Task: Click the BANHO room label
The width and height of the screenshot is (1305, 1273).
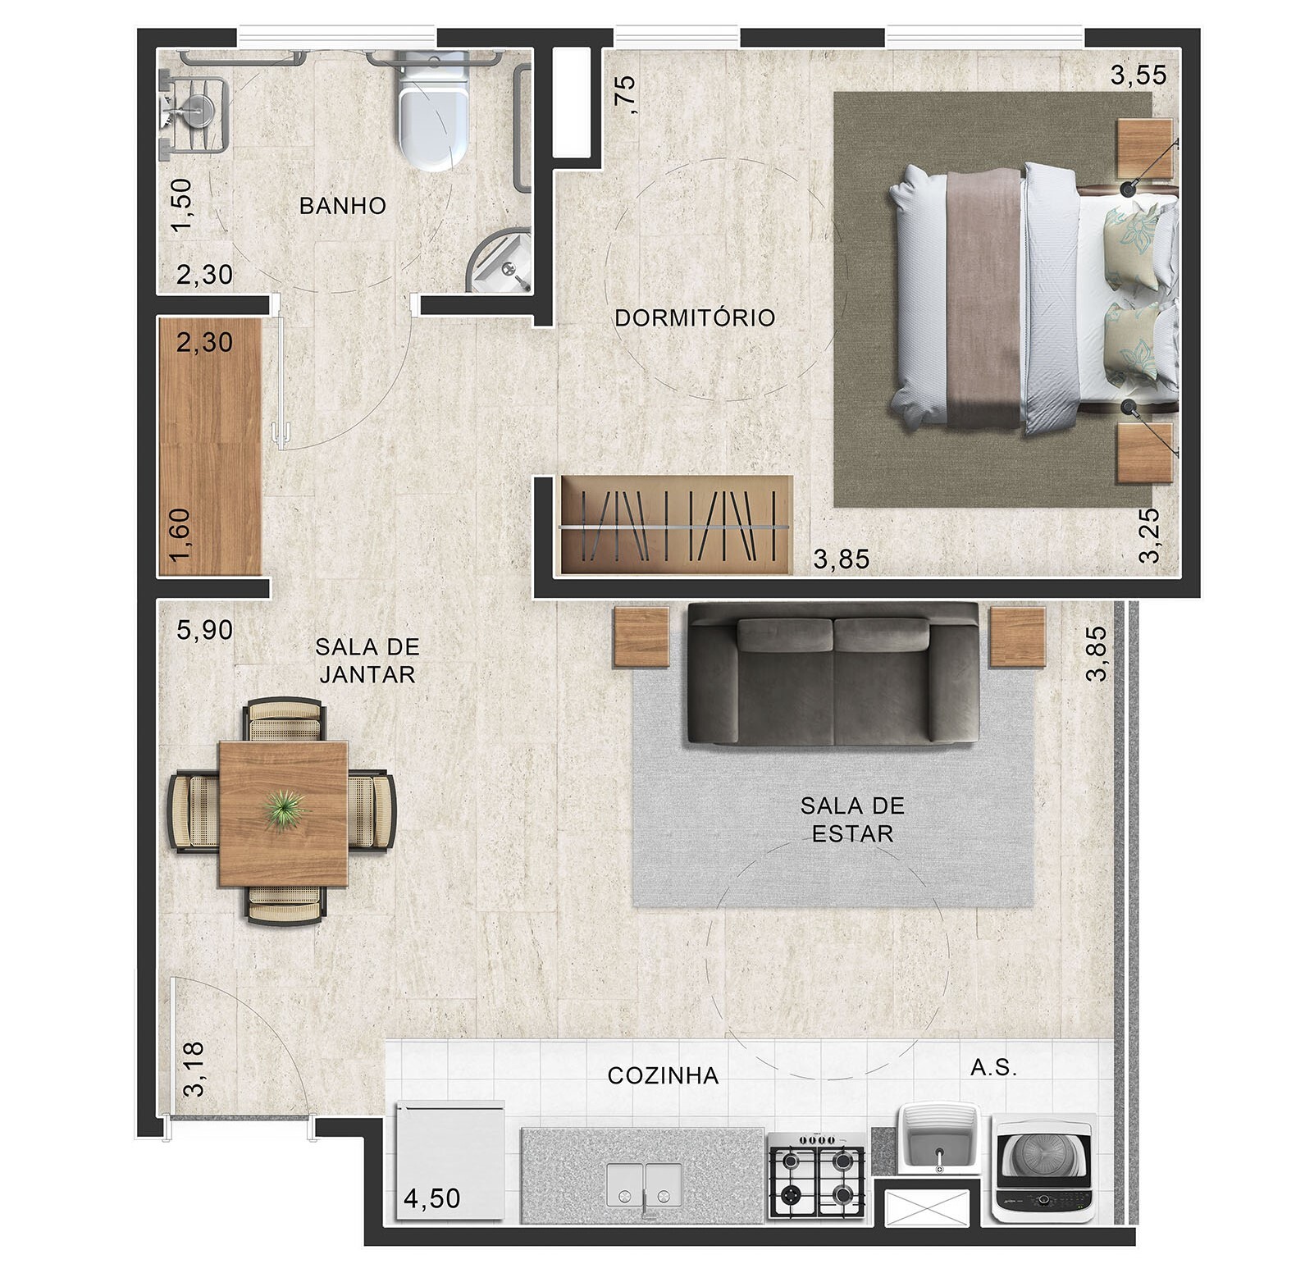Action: (342, 205)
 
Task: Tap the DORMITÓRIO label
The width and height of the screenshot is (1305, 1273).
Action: (695, 317)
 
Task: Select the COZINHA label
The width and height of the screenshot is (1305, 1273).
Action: (663, 1075)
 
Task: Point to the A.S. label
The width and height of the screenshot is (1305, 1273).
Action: (993, 1067)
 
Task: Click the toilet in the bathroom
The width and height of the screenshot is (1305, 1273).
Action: (433, 110)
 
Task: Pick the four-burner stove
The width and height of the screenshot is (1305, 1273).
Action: (816, 1175)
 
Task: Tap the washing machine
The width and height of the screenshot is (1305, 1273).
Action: (1042, 1168)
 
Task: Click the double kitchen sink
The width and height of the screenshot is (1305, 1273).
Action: (645, 1185)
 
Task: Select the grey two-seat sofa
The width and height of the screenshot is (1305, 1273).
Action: (833, 674)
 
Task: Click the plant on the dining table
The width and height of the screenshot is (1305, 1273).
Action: (285, 810)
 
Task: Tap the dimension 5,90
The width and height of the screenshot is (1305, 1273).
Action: (205, 630)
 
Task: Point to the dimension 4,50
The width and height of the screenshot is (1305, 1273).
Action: (432, 1198)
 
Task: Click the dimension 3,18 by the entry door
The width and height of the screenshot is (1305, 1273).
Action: (194, 1069)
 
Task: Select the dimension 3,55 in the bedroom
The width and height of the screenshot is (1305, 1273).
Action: (1138, 75)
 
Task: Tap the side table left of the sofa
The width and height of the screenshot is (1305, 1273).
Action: (642, 638)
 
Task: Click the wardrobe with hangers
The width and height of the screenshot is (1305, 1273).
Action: (677, 525)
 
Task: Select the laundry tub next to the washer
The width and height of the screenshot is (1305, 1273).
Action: (938, 1138)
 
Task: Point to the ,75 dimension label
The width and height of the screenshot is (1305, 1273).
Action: (624, 94)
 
